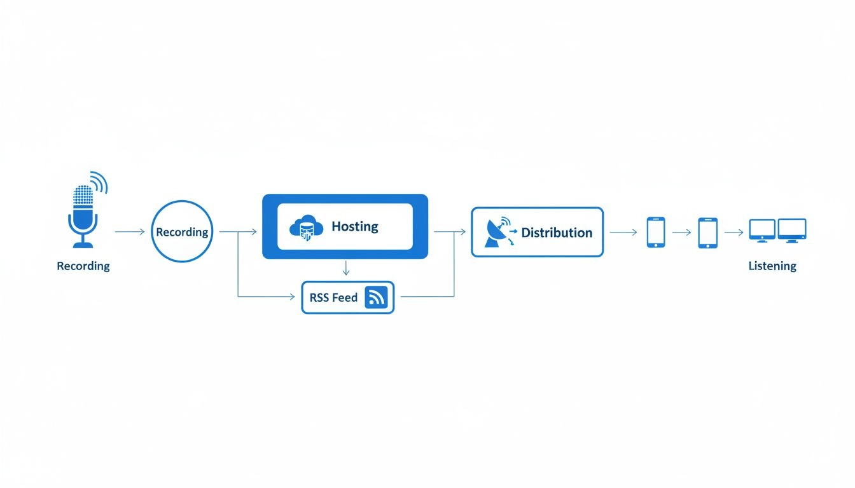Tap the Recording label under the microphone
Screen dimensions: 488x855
click(x=83, y=266)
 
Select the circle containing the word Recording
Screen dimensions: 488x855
click(x=183, y=232)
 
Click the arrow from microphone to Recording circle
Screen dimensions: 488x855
click(x=130, y=232)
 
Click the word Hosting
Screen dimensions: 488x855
click(x=355, y=227)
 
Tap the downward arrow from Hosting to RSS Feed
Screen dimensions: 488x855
click(x=345, y=268)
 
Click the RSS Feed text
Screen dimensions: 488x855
click(x=333, y=297)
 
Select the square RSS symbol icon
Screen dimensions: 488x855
click(x=376, y=297)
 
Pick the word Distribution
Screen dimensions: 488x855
click(x=557, y=233)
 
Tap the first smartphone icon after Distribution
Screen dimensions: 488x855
click(x=656, y=232)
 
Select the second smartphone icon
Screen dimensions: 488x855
click(x=707, y=233)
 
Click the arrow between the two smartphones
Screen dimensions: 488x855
click(x=681, y=233)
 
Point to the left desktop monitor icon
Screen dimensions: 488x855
click(x=762, y=230)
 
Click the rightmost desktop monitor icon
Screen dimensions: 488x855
click(x=792, y=230)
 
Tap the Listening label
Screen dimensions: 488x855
click(x=772, y=266)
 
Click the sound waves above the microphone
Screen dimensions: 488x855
click(x=100, y=182)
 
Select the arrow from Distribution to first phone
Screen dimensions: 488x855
click(x=623, y=233)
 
